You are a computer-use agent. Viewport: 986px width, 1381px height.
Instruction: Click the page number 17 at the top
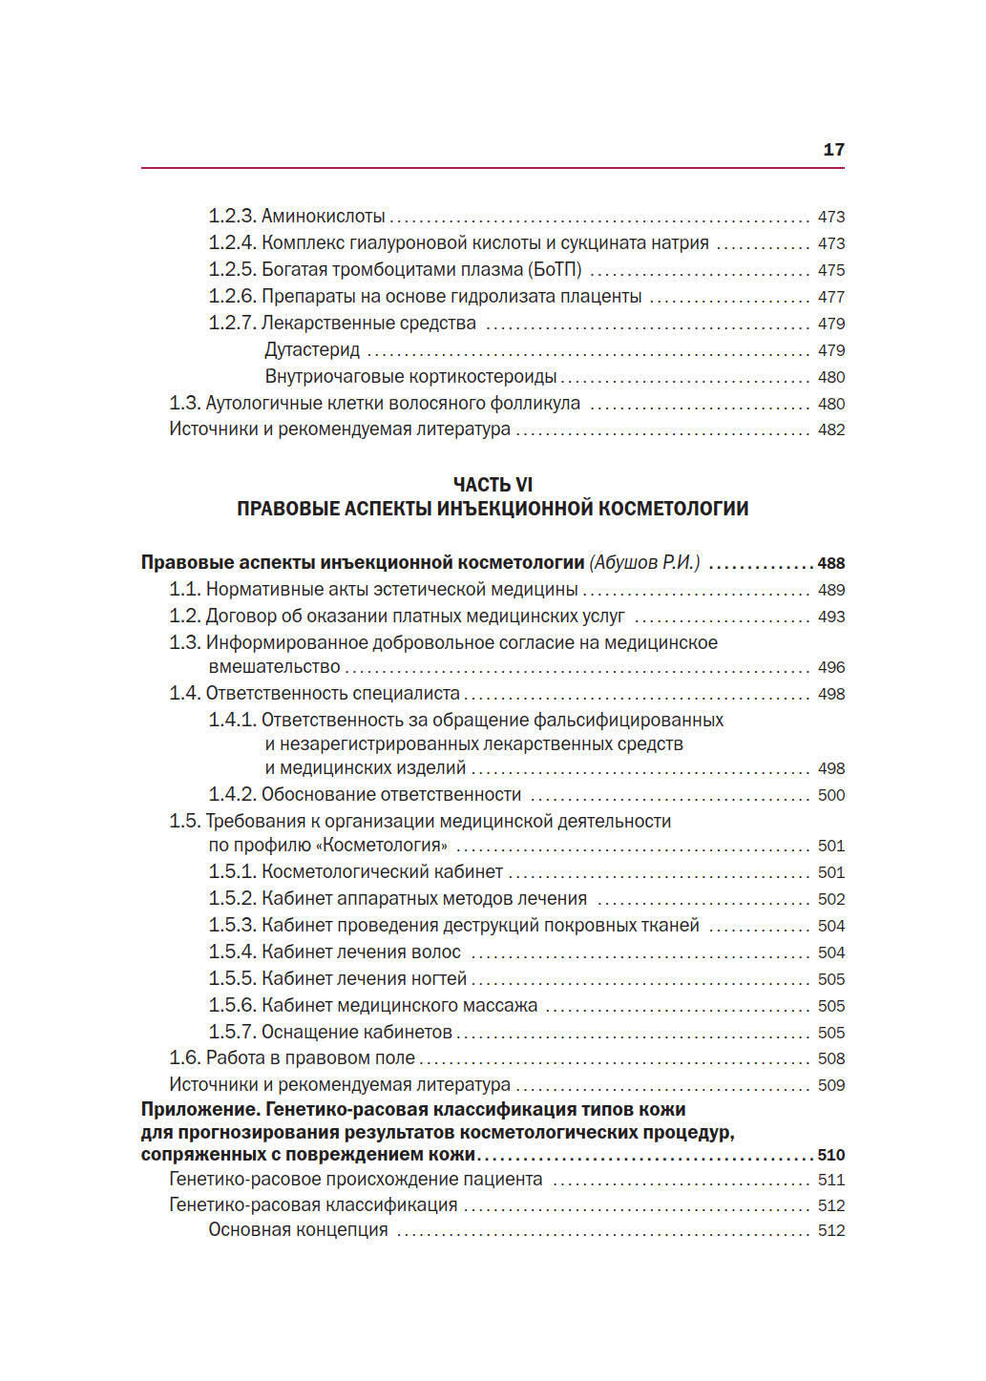832,149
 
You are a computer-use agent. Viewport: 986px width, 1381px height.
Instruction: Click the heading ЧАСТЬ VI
493,485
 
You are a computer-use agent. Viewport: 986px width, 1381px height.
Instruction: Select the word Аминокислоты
324,217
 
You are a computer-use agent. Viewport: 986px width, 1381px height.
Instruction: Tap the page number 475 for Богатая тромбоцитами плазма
830,270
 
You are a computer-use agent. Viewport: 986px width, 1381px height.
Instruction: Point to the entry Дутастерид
312,350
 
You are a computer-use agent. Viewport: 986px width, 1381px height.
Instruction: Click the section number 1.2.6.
232,297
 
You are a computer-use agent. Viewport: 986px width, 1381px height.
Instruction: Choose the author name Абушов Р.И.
644,563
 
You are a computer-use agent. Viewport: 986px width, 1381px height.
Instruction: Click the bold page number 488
830,564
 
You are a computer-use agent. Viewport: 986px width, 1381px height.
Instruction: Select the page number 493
830,617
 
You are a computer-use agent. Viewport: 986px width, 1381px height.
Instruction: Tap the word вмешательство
274,667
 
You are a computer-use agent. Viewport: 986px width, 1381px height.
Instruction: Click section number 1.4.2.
232,795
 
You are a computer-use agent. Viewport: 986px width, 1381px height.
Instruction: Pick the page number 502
830,899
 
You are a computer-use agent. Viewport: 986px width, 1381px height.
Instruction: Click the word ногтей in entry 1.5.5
438,979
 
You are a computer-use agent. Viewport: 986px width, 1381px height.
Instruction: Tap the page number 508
830,1058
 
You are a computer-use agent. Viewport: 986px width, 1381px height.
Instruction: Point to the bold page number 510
830,1155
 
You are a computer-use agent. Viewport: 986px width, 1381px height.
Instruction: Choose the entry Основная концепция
298,1230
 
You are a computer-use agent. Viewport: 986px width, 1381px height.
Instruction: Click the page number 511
830,1181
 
